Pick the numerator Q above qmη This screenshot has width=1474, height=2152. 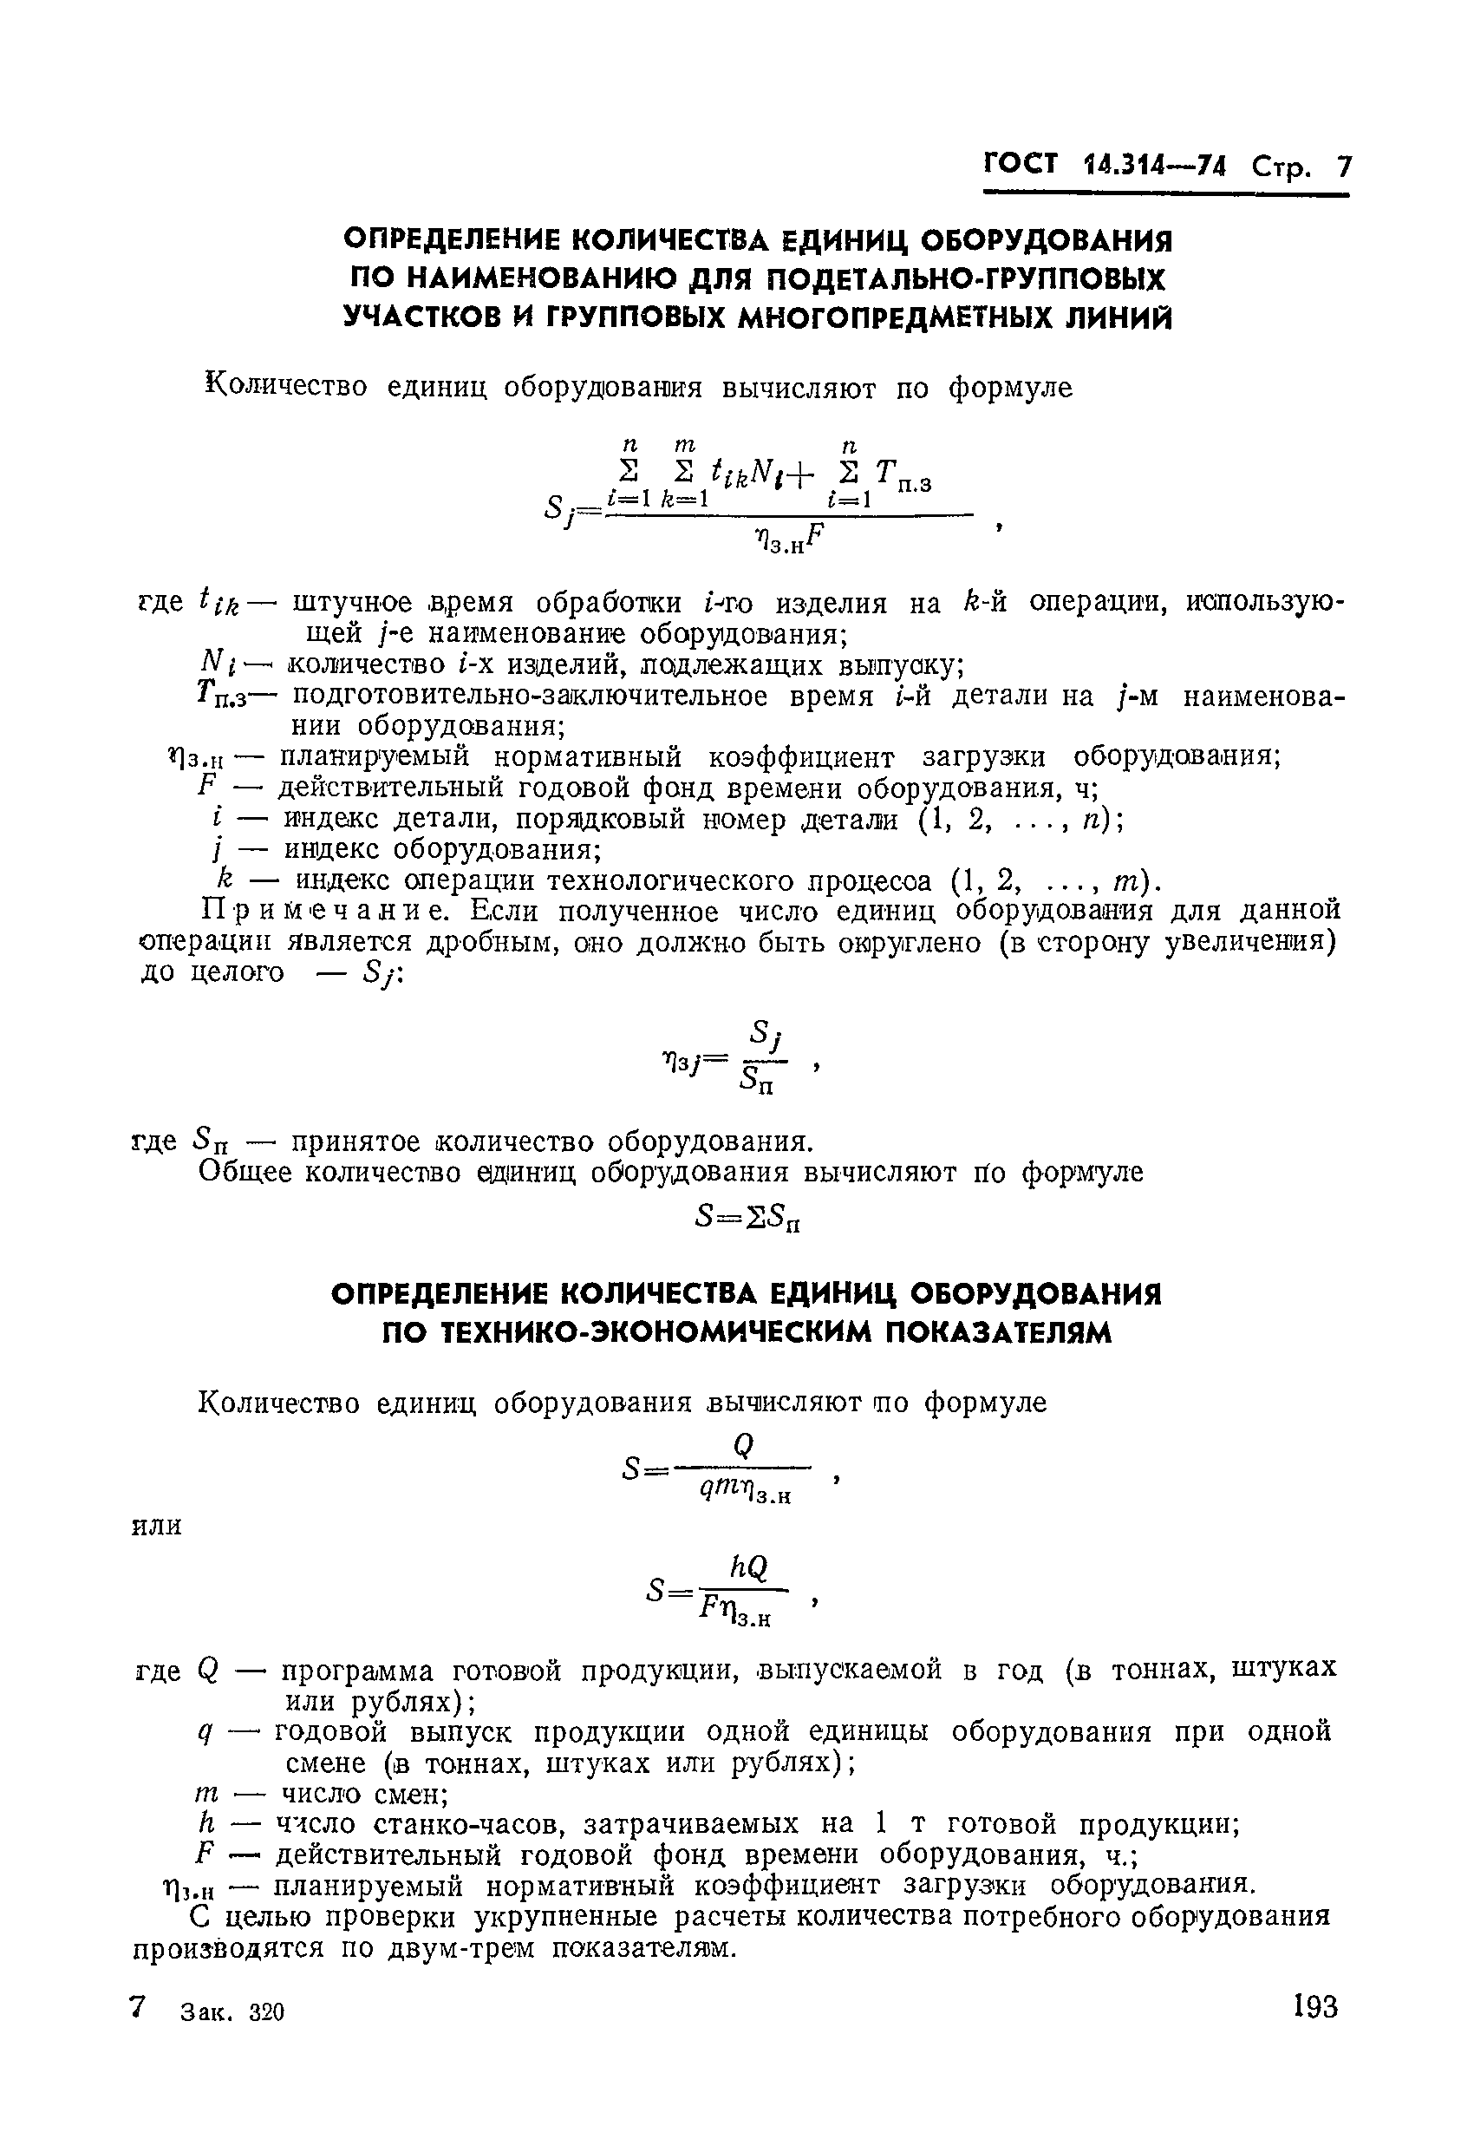tap(743, 1443)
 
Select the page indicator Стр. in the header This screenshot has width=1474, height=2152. tap(1282, 167)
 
